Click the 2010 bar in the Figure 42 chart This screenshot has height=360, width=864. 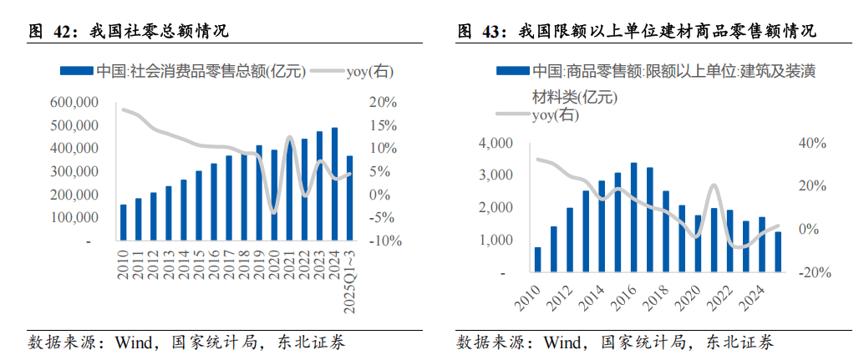point(124,222)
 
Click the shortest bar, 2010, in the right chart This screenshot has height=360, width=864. point(537,259)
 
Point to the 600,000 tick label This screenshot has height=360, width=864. point(74,102)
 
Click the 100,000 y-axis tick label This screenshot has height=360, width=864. point(74,217)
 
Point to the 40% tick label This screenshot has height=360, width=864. point(812,144)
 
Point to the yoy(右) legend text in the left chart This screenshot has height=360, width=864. point(369,71)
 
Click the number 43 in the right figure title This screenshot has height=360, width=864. point(491,32)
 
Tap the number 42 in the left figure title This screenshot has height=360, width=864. point(63,32)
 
